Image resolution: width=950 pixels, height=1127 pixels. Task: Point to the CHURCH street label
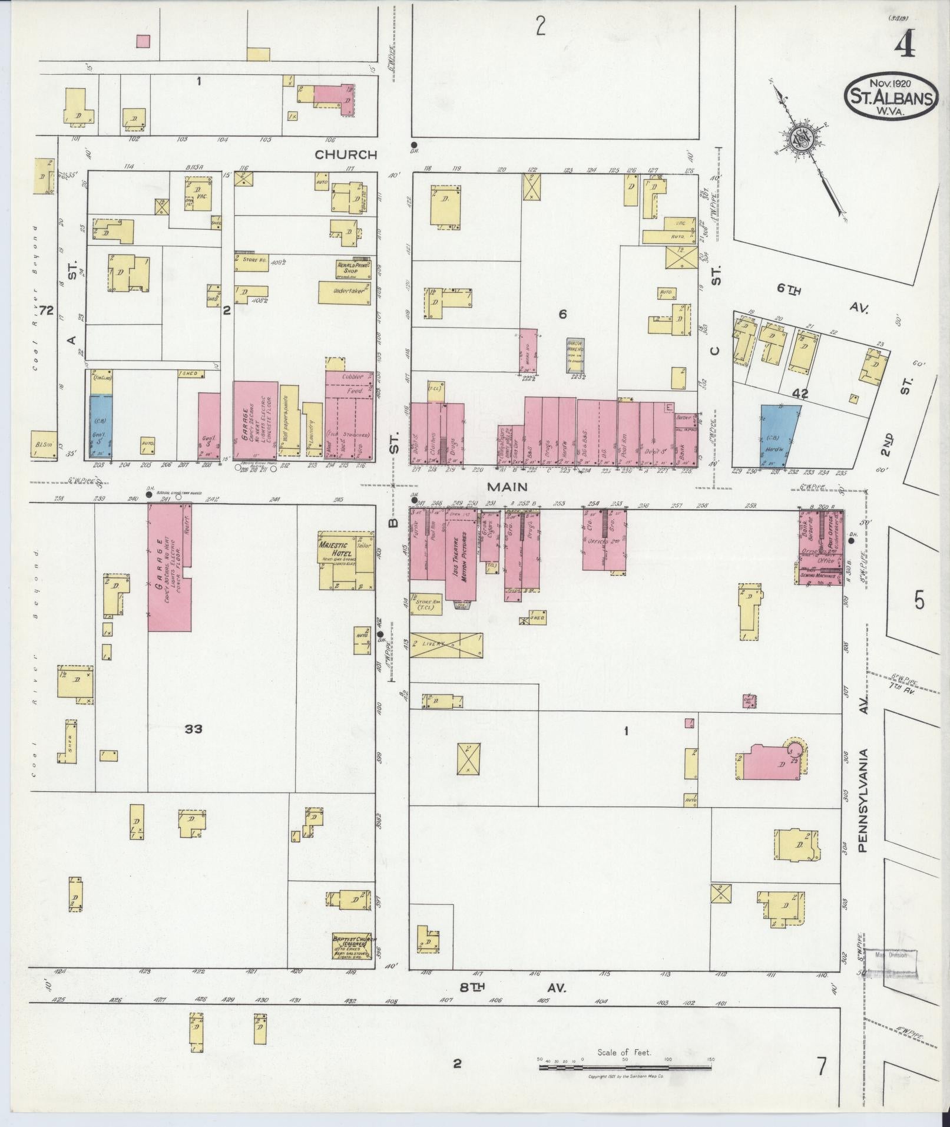click(346, 155)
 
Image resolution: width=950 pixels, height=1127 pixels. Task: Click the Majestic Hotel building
click(346, 560)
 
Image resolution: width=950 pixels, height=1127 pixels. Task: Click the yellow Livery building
click(446, 645)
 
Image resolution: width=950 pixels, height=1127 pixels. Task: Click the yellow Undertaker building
click(345, 292)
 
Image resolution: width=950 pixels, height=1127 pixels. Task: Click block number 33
click(193, 729)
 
